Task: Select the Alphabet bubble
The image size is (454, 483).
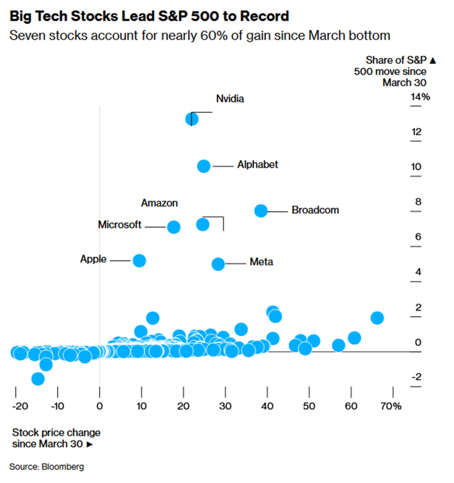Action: pyautogui.click(x=203, y=166)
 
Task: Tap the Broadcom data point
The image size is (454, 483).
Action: pyautogui.click(x=261, y=210)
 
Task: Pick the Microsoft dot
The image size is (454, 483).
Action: pyautogui.click(x=174, y=227)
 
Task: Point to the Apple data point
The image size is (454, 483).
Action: pyautogui.click(x=139, y=261)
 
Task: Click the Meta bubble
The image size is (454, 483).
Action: pyautogui.click(x=218, y=264)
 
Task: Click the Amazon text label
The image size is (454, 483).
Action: pyautogui.click(x=159, y=203)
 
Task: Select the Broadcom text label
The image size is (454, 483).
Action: pyautogui.click(x=315, y=210)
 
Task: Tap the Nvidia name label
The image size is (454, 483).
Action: pyautogui.click(x=230, y=99)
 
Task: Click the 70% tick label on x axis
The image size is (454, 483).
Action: pyautogui.click(x=391, y=406)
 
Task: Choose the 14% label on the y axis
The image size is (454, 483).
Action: pyautogui.click(x=420, y=97)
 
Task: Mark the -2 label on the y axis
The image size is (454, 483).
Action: pyautogui.click(x=416, y=377)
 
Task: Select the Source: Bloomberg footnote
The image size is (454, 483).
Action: pyautogui.click(x=47, y=467)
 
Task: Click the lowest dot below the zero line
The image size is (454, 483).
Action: pyautogui.click(x=38, y=379)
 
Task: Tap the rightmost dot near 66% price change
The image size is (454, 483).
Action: pyautogui.click(x=377, y=318)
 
